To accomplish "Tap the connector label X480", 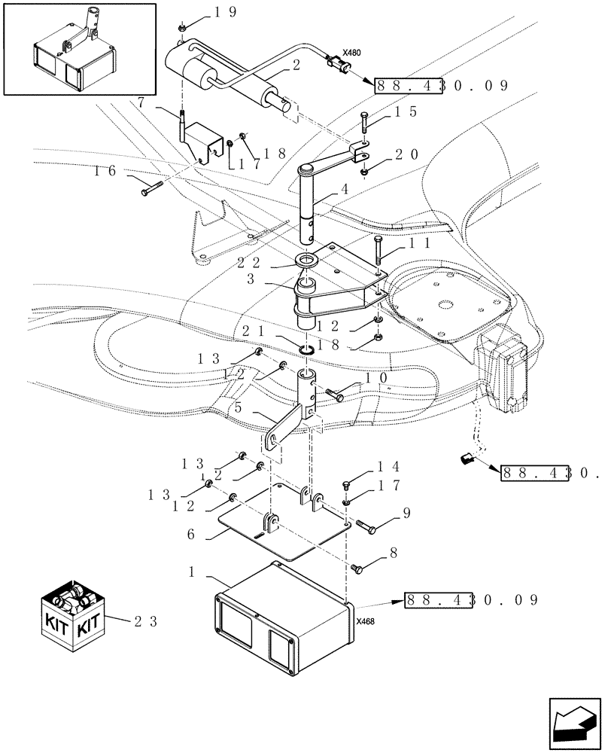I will (351, 53).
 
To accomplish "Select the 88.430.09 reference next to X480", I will (442, 85).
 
